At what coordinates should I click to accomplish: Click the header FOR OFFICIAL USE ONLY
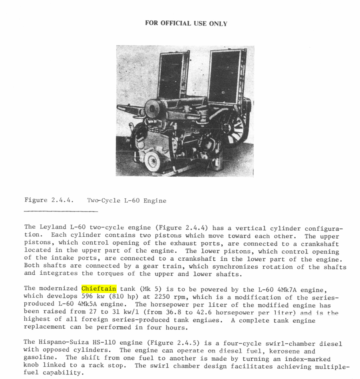pos(186,24)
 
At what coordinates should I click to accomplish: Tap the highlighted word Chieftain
pos(99,289)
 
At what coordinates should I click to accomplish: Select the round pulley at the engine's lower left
pos(152,161)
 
